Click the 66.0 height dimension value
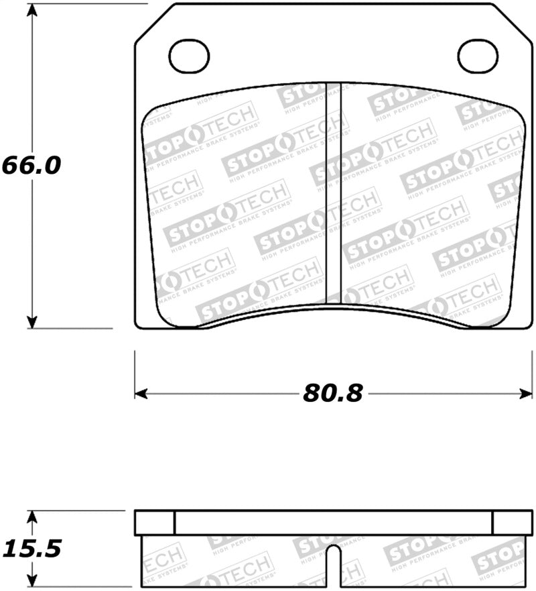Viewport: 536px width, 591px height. pyautogui.click(x=31, y=165)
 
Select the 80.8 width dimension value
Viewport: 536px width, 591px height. pyautogui.click(x=332, y=393)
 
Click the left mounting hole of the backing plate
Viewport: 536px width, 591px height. pyautogui.click(x=189, y=56)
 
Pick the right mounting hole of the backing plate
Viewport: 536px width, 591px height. pyautogui.click(x=477, y=56)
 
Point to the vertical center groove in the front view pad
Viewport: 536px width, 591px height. pyautogui.click(x=333, y=195)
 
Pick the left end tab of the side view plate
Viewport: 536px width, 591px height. pyautogui.click(x=155, y=522)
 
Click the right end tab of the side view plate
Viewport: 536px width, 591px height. pyautogui.click(x=512, y=522)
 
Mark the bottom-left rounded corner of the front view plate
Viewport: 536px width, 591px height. pyautogui.click(x=139, y=324)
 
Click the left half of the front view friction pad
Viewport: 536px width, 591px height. pyautogui.click(x=234, y=201)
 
